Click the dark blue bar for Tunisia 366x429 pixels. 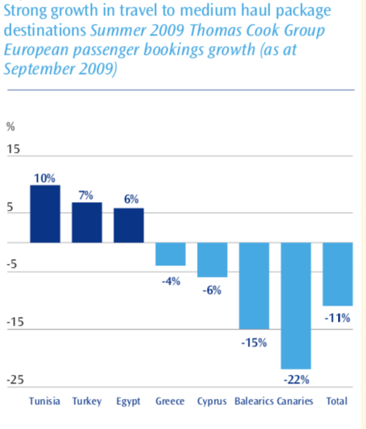click(x=45, y=214)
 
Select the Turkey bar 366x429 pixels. click(x=87, y=222)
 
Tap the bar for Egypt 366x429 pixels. click(x=129, y=225)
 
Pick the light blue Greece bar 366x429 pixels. click(x=171, y=254)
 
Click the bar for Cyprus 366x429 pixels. click(x=212, y=260)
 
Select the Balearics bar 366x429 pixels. click(x=254, y=285)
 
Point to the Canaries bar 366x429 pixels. click(x=296, y=306)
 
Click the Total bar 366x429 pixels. click(x=337, y=274)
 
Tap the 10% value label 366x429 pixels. click(x=45, y=178)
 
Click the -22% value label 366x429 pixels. click(x=297, y=380)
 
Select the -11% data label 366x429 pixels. click(x=337, y=318)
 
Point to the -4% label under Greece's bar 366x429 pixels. click(x=171, y=282)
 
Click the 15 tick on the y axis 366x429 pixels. click(x=13, y=149)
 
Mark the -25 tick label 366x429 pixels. click(x=15, y=380)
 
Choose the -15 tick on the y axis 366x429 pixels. click(x=15, y=322)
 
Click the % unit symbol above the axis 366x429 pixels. click(x=10, y=127)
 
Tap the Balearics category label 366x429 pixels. click(x=254, y=401)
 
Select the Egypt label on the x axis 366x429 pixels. click(x=128, y=402)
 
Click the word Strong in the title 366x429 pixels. click(x=25, y=11)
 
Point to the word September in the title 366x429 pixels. click(x=39, y=69)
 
